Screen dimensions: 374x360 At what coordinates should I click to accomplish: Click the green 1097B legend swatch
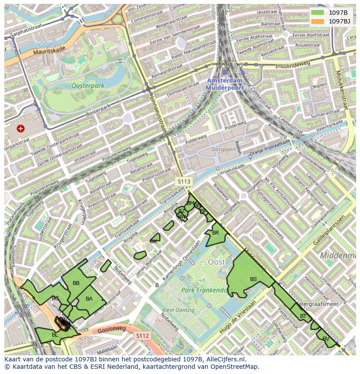tap(317, 13)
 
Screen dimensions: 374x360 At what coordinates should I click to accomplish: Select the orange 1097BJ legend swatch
tap(317, 21)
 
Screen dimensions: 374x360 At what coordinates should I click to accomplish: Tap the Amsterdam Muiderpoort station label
tap(224, 84)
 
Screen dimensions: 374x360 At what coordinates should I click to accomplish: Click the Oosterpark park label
tap(88, 86)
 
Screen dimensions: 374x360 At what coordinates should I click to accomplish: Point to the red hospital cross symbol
tap(20, 128)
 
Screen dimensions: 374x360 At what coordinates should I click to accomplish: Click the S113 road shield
tap(183, 181)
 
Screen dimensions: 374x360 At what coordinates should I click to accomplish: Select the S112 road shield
tap(142, 336)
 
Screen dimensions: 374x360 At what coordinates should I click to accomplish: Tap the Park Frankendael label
tap(204, 290)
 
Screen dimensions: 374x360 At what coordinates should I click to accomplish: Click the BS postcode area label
tap(253, 279)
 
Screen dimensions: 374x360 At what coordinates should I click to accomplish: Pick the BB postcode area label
tap(76, 283)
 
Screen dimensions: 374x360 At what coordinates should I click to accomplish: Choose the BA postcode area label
tap(89, 299)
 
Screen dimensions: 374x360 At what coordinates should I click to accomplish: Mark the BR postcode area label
tap(216, 233)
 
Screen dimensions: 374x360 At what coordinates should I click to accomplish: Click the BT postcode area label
tap(303, 316)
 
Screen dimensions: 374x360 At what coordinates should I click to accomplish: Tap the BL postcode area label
tap(55, 335)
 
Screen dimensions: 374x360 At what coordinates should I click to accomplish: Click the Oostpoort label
tap(223, 149)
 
